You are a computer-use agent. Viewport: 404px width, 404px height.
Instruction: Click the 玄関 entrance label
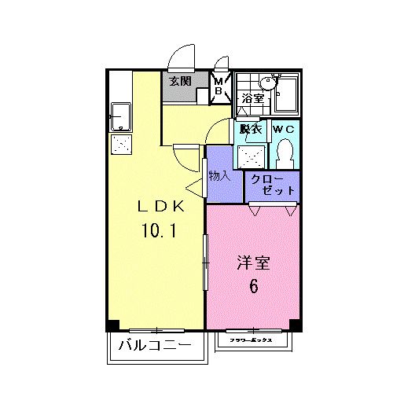point(180,81)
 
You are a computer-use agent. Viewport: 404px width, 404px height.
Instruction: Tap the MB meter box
point(221,85)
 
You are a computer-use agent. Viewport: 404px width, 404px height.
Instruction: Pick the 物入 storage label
point(219,175)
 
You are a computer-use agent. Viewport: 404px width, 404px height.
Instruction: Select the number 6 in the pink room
point(253,287)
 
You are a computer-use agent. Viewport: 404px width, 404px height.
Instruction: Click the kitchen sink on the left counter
point(122,116)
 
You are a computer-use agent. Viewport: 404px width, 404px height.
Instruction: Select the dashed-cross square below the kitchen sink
point(122,143)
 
